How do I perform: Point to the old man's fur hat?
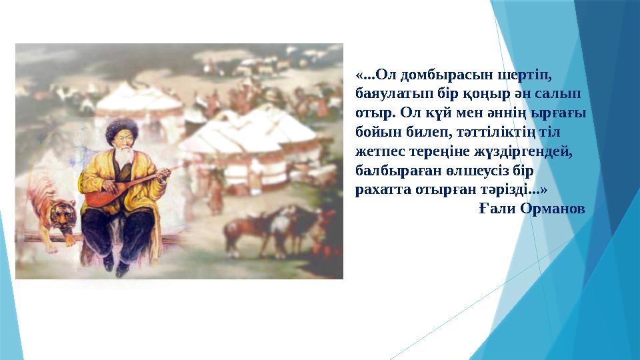[122, 129]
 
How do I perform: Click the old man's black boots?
[114, 263]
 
